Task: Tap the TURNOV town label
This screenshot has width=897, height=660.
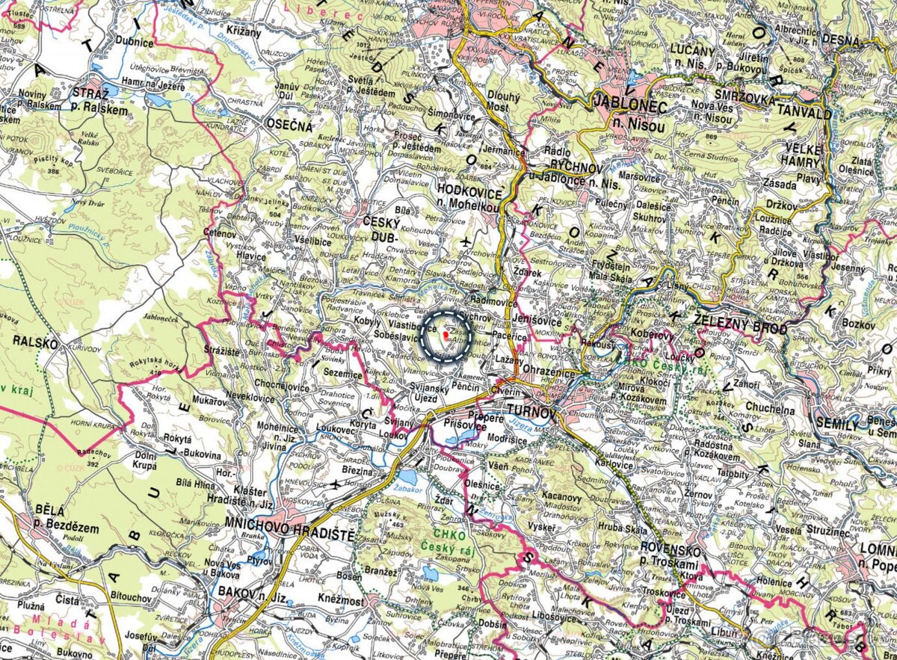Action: coord(531,410)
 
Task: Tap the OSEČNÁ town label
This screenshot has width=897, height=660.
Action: coord(290,126)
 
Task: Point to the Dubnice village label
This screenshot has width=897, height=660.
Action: coord(135,43)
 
